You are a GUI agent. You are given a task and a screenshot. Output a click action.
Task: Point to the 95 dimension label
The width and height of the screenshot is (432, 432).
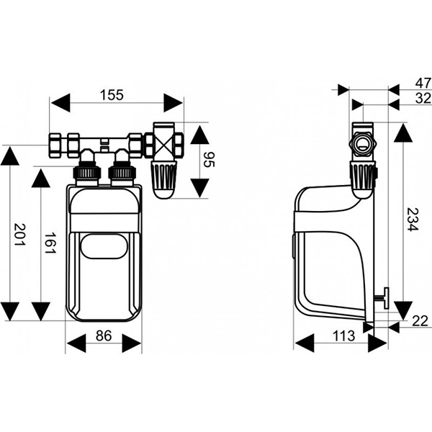tap(211, 160)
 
